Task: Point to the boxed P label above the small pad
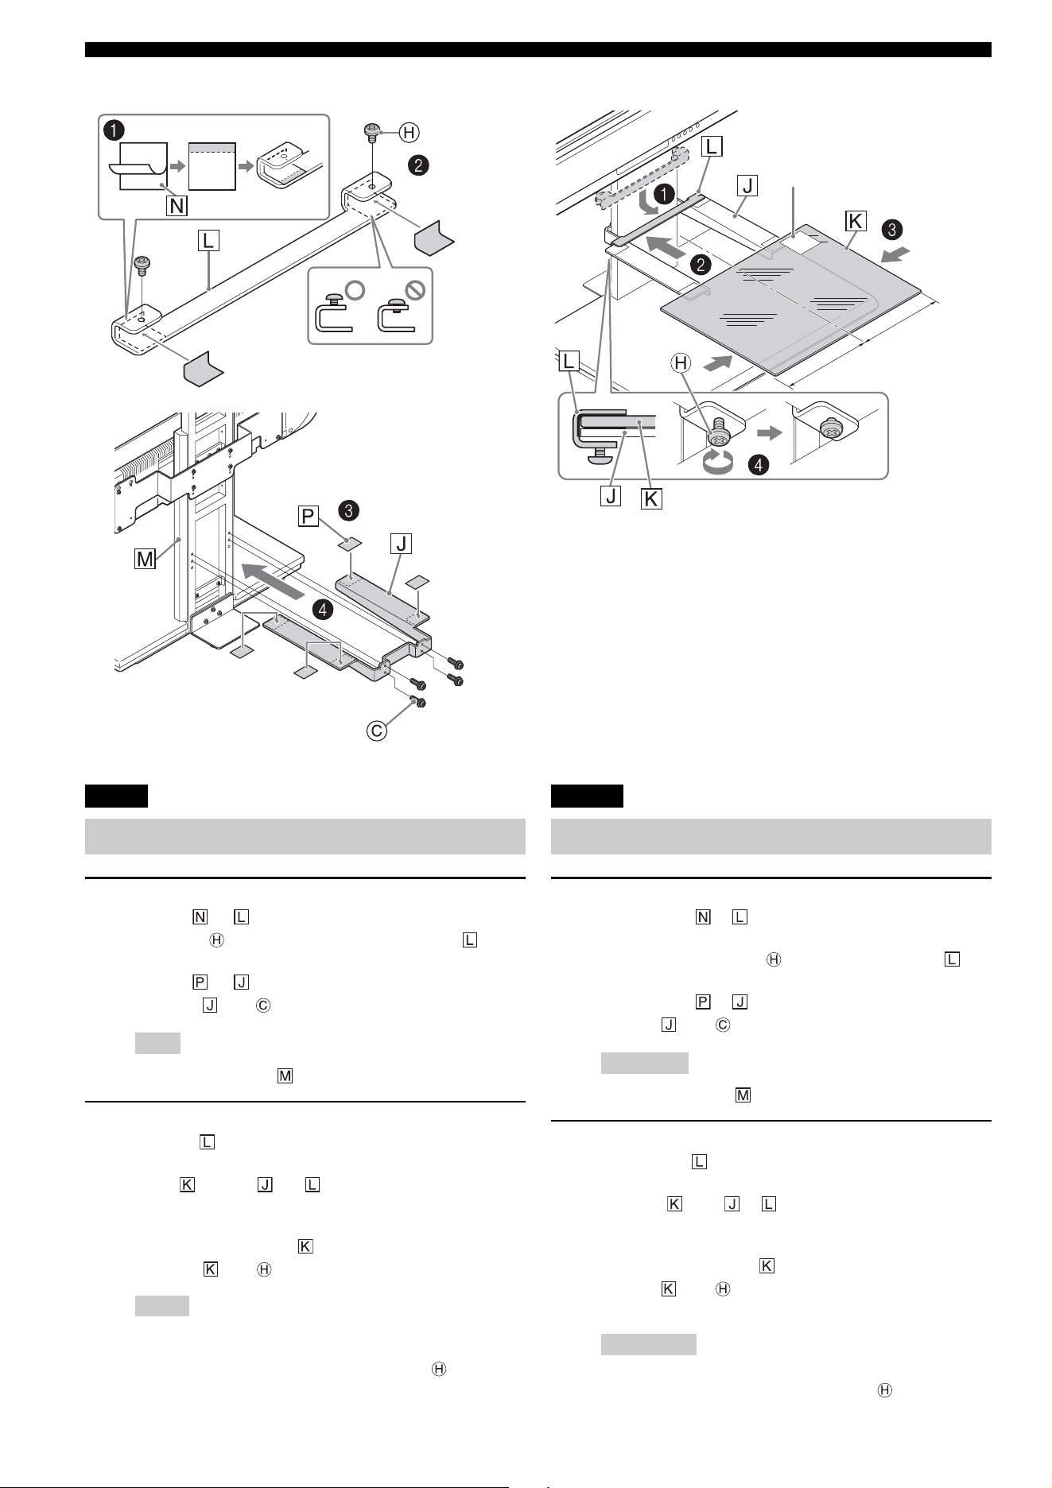click(x=308, y=517)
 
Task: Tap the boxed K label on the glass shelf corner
click(x=856, y=220)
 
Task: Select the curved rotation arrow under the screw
click(x=720, y=463)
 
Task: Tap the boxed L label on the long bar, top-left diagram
click(x=209, y=240)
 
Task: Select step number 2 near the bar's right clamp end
click(x=418, y=165)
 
